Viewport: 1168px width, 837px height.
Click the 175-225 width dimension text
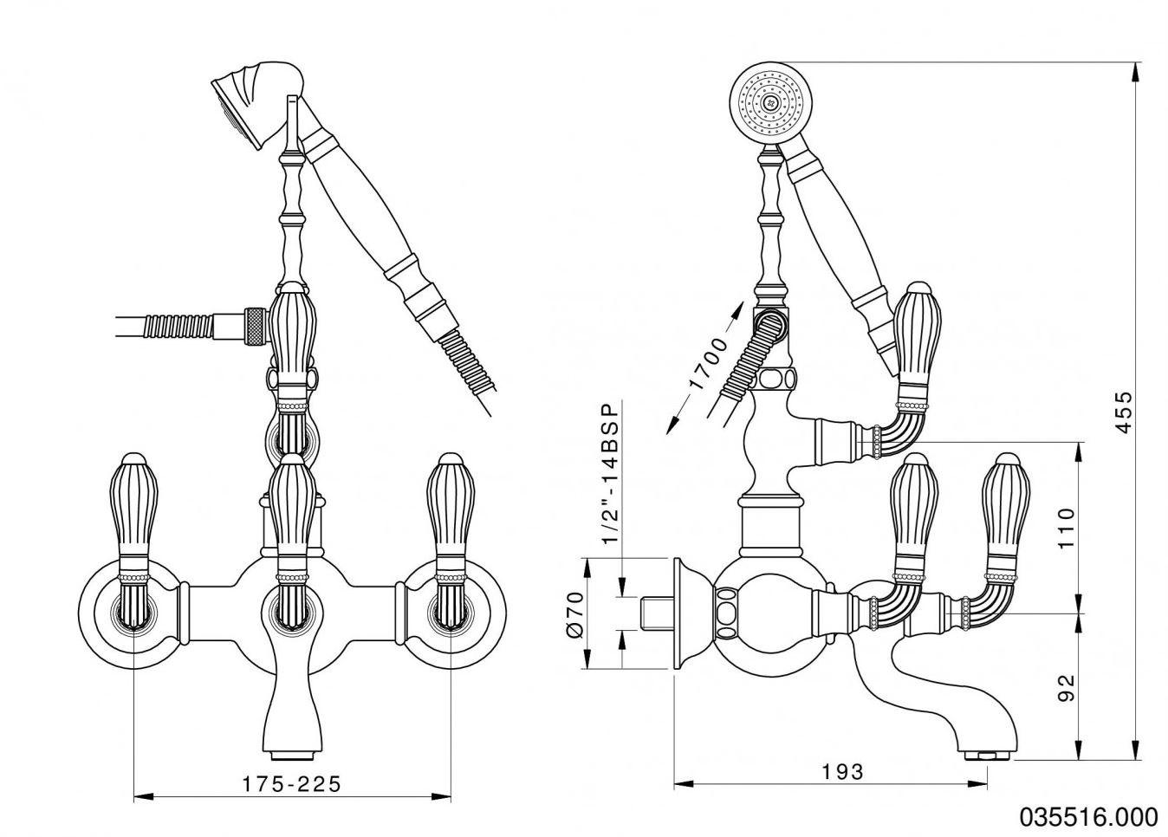[291, 784]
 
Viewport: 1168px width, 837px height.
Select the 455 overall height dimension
[1123, 412]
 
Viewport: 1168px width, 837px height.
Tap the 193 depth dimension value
[843, 771]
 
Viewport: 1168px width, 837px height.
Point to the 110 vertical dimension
[1066, 527]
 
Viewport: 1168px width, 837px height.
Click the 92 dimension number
[1067, 687]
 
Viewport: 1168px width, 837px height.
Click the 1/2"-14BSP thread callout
[610, 473]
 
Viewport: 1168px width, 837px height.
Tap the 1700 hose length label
[705, 363]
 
